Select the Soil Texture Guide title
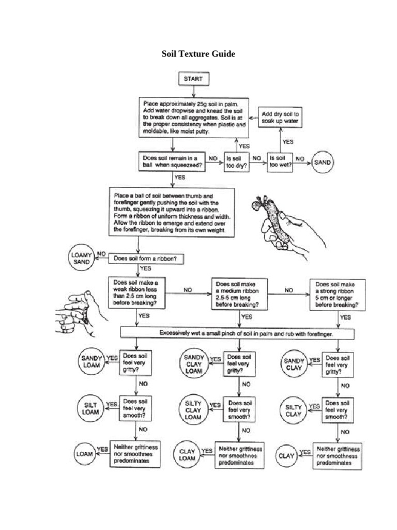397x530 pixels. (198, 53)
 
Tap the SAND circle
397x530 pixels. (322, 162)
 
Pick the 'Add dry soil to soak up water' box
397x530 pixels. (281, 117)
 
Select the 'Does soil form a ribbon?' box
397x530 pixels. (146, 257)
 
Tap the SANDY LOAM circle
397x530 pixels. (92, 361)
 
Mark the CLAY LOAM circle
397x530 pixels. (187, 455)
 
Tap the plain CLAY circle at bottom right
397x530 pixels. (286, 456)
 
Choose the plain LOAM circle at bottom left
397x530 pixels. (84, 454)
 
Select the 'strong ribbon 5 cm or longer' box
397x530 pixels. (337, 295)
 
